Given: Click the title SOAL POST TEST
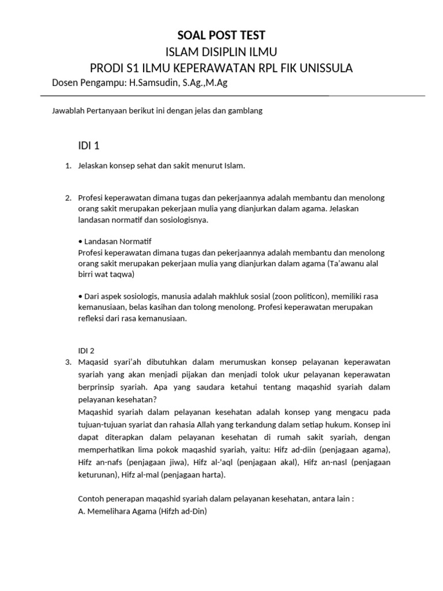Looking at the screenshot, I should coord(221,36).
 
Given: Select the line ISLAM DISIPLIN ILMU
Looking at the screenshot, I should coord(221,53).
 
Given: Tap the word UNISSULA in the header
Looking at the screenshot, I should coord(324,69).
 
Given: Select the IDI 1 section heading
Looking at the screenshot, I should coord(89,145).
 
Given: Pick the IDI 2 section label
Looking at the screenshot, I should coord(86,350).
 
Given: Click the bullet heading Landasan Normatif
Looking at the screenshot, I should coord(117,241).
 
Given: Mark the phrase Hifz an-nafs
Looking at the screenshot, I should coord(100,462).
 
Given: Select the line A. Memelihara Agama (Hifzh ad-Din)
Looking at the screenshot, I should coord(142,511).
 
